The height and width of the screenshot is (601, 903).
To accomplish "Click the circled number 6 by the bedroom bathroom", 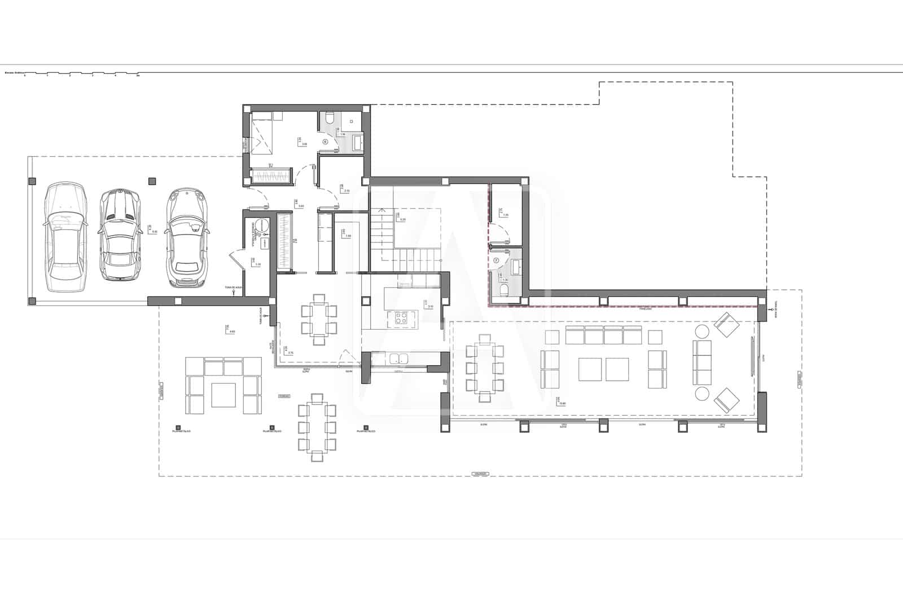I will click(x=325, y=142).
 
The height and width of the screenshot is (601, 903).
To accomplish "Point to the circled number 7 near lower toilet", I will click(x=497, y=260).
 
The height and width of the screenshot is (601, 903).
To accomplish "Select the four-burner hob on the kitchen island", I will click(x=401, y=319).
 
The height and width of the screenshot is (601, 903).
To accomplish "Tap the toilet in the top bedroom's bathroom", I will click(x=330, y=118).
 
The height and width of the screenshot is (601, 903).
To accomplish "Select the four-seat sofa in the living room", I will click(x=604, y=337).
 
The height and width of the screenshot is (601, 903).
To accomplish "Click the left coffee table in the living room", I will click(x=590, y=370).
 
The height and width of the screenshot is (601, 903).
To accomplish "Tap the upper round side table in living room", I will click(x=703, y=331).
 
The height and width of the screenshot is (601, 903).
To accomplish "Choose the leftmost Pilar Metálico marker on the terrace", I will click(x=177, y=427).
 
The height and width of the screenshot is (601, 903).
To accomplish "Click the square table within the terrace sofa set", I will click(x=224, y=395).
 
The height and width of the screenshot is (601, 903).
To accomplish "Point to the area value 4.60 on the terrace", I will click(x=232, y=332).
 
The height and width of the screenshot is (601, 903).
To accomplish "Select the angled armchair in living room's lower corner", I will click(x=726, y=400).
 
